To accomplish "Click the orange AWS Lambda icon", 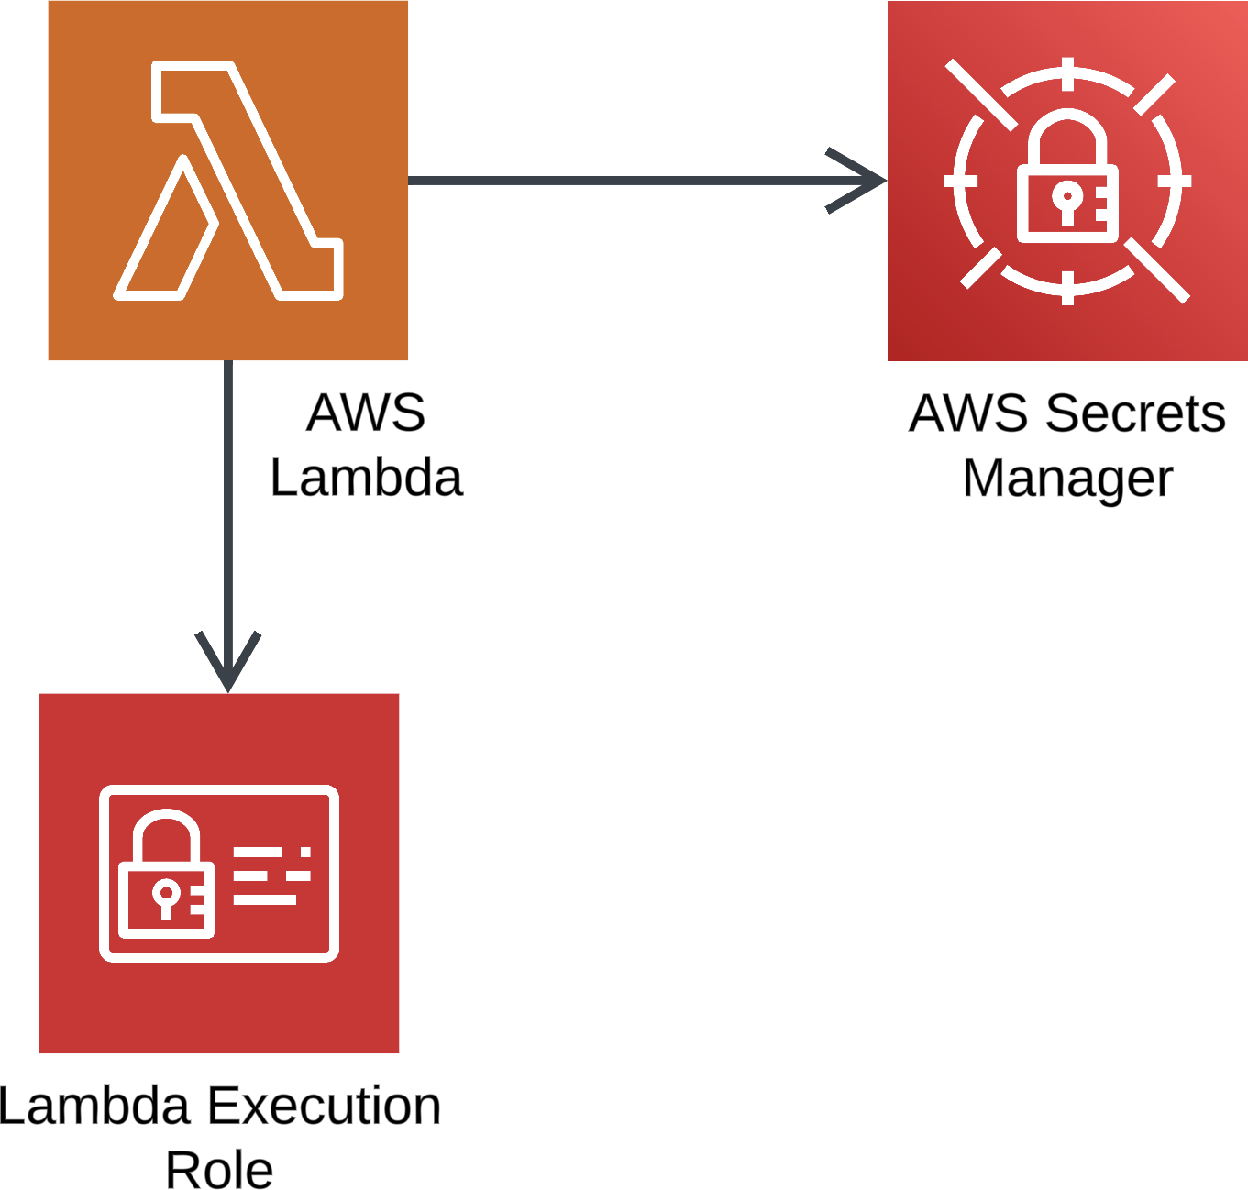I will (x=227, y=181).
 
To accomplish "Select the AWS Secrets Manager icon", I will (x=1067, y=181).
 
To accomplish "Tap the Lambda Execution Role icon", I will (x=219, y=873).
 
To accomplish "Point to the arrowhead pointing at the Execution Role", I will (x=228, y=662).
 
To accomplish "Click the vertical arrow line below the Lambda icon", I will (x=228, y=495).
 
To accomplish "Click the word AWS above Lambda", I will (x=366, y=413).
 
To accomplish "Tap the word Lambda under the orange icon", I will (x=366, y=478).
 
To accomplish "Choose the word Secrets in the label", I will (x=1135, y=413).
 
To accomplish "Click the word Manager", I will (x=1067, y=479).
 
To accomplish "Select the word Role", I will (x=219, y=1171).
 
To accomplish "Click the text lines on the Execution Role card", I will (x=271, y=876).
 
